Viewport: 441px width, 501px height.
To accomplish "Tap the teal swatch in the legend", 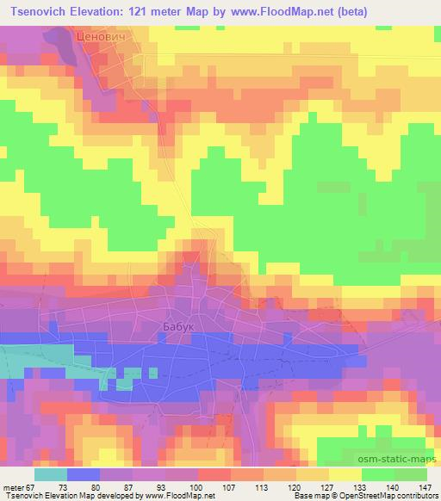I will (51, 474).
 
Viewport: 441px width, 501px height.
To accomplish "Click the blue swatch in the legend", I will (83, 474).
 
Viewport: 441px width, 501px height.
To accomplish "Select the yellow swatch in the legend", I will (346, 474).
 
